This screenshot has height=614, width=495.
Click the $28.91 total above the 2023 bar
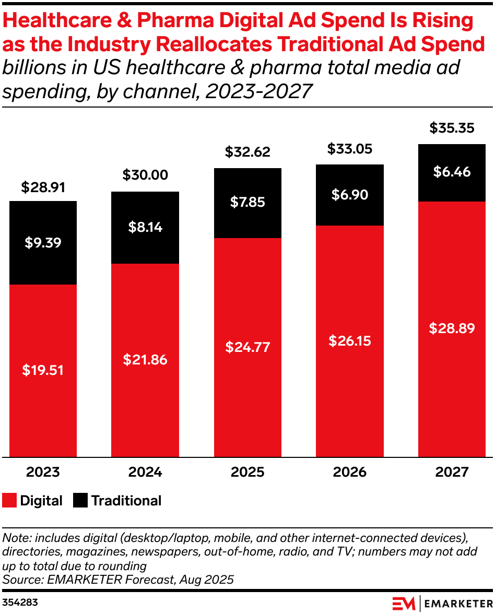43,187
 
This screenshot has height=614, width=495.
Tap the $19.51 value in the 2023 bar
43,370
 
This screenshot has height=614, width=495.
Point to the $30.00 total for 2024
145,175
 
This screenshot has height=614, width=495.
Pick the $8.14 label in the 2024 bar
145,227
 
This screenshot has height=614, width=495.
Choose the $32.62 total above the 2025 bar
247,152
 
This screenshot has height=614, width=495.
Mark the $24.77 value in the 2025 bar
247,347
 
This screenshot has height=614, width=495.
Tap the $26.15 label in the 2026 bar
350,340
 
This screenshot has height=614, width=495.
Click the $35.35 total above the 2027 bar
452,128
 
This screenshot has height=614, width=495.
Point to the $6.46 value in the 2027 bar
452,172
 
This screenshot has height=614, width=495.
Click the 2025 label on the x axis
247,472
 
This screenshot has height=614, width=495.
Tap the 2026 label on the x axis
350,472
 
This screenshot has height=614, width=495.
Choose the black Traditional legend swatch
80,501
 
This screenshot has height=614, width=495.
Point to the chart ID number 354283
20,603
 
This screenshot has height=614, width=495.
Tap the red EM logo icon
404,603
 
